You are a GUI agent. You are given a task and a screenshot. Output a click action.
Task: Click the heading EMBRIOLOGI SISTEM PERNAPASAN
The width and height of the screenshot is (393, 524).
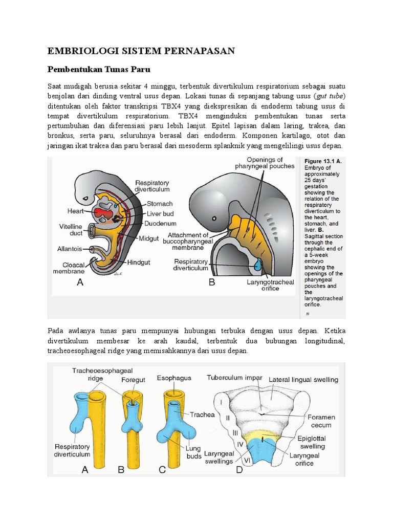click(141, 50)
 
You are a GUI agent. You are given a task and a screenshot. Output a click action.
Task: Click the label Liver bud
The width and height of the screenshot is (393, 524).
click(161, 213)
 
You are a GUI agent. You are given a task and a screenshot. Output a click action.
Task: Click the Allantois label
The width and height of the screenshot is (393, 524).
click(69, 249)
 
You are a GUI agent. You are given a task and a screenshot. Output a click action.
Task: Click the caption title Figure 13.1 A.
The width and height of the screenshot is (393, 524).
click(323, 161)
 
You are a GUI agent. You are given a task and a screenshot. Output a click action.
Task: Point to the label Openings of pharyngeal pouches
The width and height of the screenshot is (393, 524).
click(265, 162)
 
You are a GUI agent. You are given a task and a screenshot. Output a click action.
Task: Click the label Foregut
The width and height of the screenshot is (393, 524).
click(133, 380)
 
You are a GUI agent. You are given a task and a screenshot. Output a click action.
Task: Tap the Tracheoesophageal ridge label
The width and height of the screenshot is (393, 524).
click(95, 374)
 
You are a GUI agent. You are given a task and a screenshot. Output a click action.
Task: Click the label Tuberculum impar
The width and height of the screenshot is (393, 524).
click(235, 378)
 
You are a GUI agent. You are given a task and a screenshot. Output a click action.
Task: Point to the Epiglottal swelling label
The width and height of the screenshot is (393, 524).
click(312, 443)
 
